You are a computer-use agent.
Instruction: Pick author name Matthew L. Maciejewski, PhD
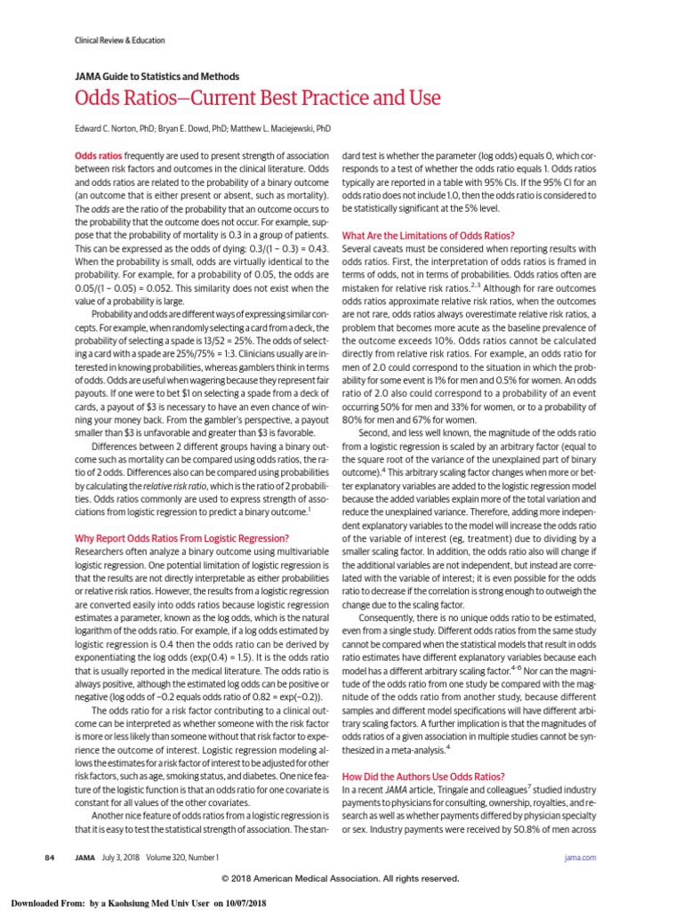coord(280,129)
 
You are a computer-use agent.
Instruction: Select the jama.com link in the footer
coord(580,857)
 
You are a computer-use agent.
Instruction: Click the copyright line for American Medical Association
coord(341,878)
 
